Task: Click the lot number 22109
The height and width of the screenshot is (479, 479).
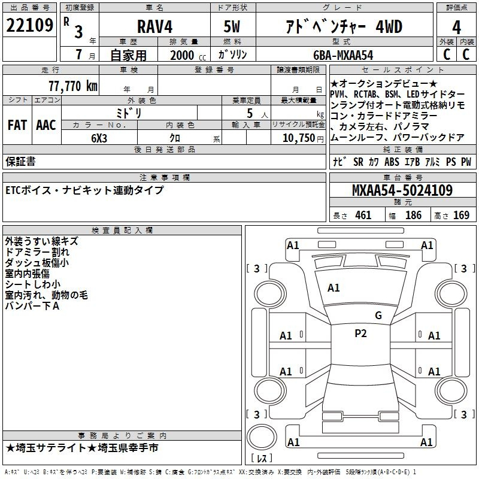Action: pyautogui.click(x=29, y=25)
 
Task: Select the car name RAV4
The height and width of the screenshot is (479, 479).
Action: pyautogui.click(x=154, y=26)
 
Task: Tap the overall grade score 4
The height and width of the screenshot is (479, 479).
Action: pyautogui.click(x=456, y=28)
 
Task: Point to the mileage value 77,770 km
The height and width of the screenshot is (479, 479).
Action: pyautogui.click(x=73, y=86)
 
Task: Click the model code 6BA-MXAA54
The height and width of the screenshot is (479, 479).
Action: pyautogui.click(x=343, y=55)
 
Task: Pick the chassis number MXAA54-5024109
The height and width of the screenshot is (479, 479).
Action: pyautogui.click(x=402, y=190)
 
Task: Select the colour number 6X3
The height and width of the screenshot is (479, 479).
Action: pyautogui.click(x=99, y=138)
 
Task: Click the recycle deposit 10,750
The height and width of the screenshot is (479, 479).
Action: pyautogui.click(x=298, y=138)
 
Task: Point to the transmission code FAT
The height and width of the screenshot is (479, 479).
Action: pyautogui.click(x=17, y=125)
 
